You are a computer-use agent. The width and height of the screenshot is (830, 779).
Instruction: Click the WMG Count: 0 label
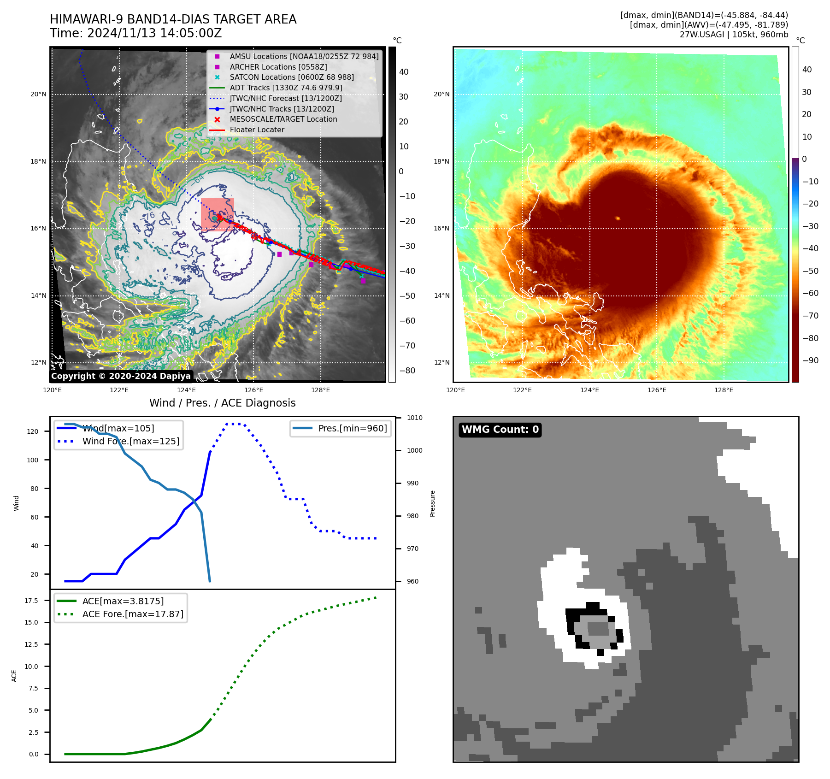point(500,430)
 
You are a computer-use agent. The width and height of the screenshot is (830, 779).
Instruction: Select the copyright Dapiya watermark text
point(121,376)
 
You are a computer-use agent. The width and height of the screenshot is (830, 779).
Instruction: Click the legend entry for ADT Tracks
point(286,88)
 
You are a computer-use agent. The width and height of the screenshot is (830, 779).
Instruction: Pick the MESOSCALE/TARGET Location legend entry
point(283,119)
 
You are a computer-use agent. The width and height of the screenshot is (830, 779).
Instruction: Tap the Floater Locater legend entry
point(257,130)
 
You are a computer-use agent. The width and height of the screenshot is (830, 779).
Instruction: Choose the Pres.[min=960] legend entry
point(352,428)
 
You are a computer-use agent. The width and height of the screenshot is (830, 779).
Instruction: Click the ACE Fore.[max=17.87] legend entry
point(132,614)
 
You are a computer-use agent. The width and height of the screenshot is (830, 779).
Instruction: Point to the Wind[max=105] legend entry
point(118,428)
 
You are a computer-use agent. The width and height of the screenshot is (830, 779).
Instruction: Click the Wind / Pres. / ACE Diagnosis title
point(222,403)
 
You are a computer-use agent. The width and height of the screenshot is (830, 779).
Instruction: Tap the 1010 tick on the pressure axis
point(414,418)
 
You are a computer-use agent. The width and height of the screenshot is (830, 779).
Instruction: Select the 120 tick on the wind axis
point(33,431)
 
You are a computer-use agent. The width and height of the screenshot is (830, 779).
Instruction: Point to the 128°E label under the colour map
point(724,390)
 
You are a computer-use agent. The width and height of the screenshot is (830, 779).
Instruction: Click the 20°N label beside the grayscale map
point(38,94)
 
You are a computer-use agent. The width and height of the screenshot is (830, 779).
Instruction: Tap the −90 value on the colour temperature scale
point(810,360)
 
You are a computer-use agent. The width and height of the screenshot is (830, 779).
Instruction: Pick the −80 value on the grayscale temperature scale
point(407,371)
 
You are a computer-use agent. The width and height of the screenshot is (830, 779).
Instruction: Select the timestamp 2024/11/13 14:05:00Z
point(154,33)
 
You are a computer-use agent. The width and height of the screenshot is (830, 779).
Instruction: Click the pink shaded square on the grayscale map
point(218,213)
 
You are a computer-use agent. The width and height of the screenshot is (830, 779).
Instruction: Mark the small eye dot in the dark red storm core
point(618,218)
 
